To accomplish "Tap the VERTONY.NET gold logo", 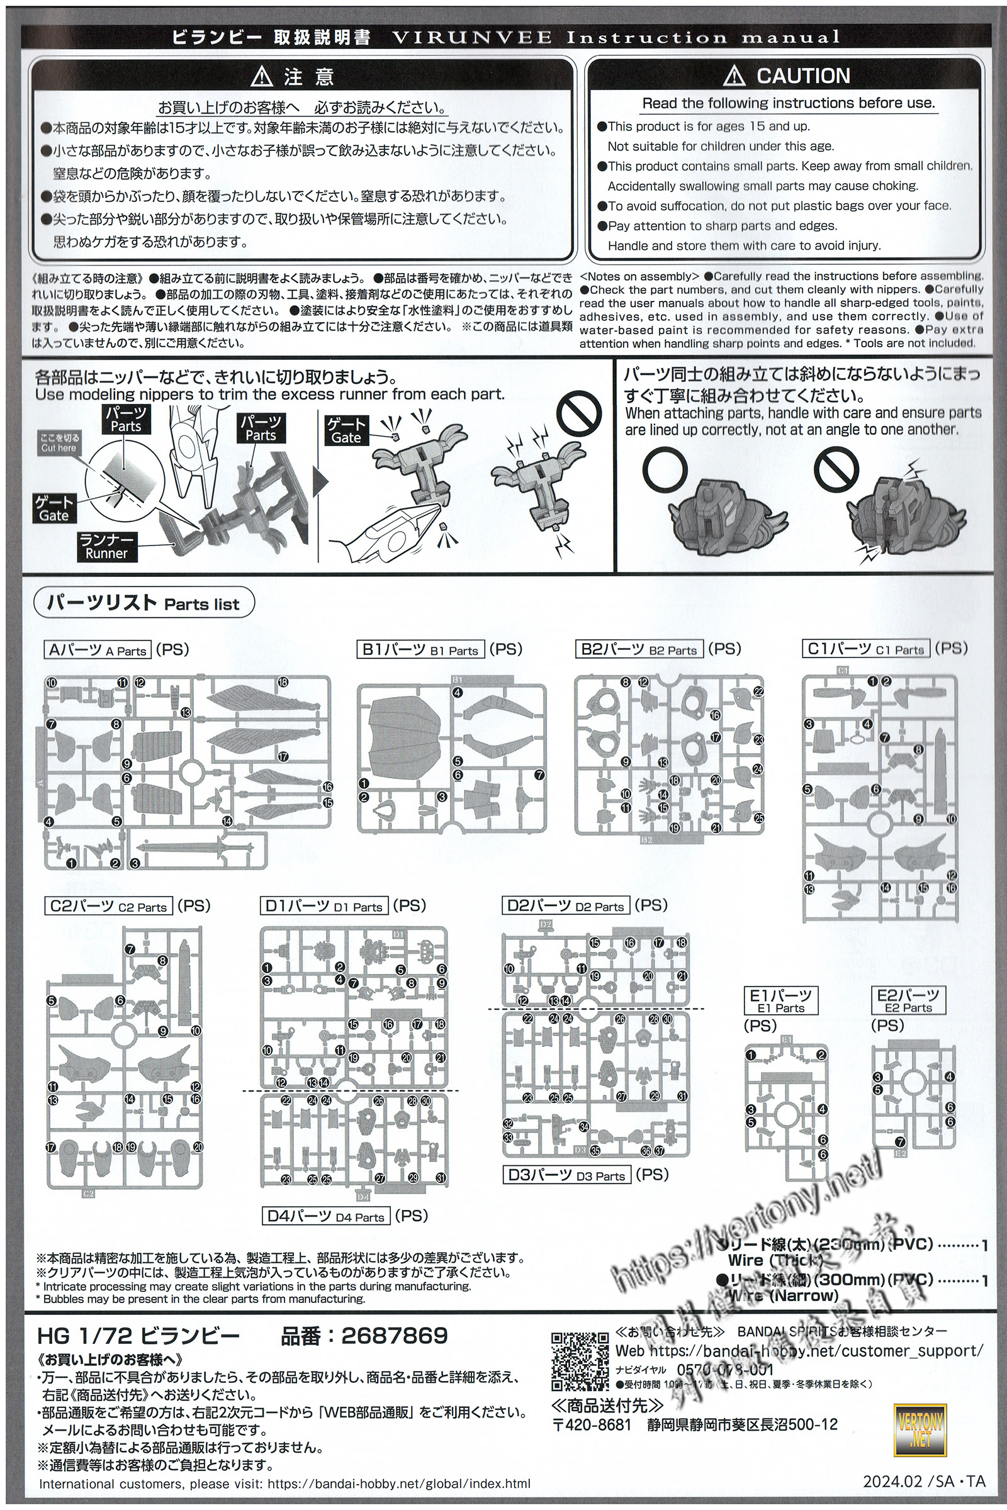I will click(920, 1430).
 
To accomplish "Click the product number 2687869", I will click(395, 1336).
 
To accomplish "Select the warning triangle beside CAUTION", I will click(733, 76).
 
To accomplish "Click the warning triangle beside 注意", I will click(262, 77).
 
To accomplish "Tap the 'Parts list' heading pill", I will click(144, 603).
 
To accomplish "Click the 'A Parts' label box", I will click(98, 650).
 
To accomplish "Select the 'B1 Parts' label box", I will click(421, 650).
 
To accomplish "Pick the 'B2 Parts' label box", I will click(639, 650).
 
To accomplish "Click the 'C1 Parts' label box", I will click(867, 649).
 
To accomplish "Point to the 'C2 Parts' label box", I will click(109, 906).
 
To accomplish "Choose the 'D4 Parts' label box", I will click(326, 1217).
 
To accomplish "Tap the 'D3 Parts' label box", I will click(566, 1175).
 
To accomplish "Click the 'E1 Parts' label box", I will click(781, 1000).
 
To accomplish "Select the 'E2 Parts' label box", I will click(908, 1000).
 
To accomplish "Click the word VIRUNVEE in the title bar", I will click(471, 37).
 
